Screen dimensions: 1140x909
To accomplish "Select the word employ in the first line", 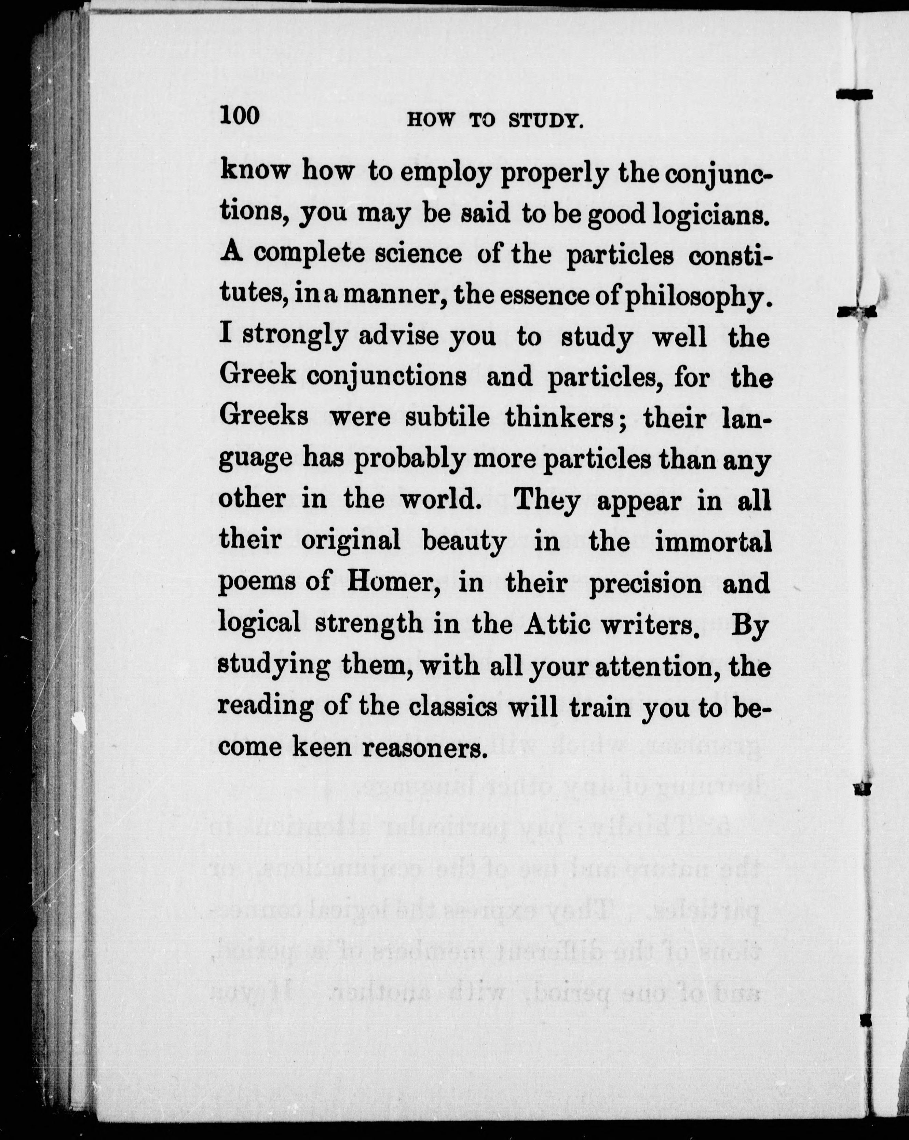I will [x=444, y=173].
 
